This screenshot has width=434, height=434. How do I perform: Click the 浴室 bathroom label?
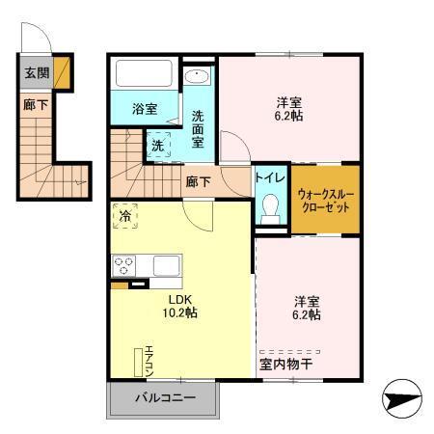pyautogui.click(x=146, y=110)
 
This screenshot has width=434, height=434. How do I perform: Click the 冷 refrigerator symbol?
pyautogui.click(x=125, y=217)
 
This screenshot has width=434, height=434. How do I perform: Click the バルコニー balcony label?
pyautogui.click(x=164, y=397)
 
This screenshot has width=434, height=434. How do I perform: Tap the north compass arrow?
pyautogui.click(x=403, y=396)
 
